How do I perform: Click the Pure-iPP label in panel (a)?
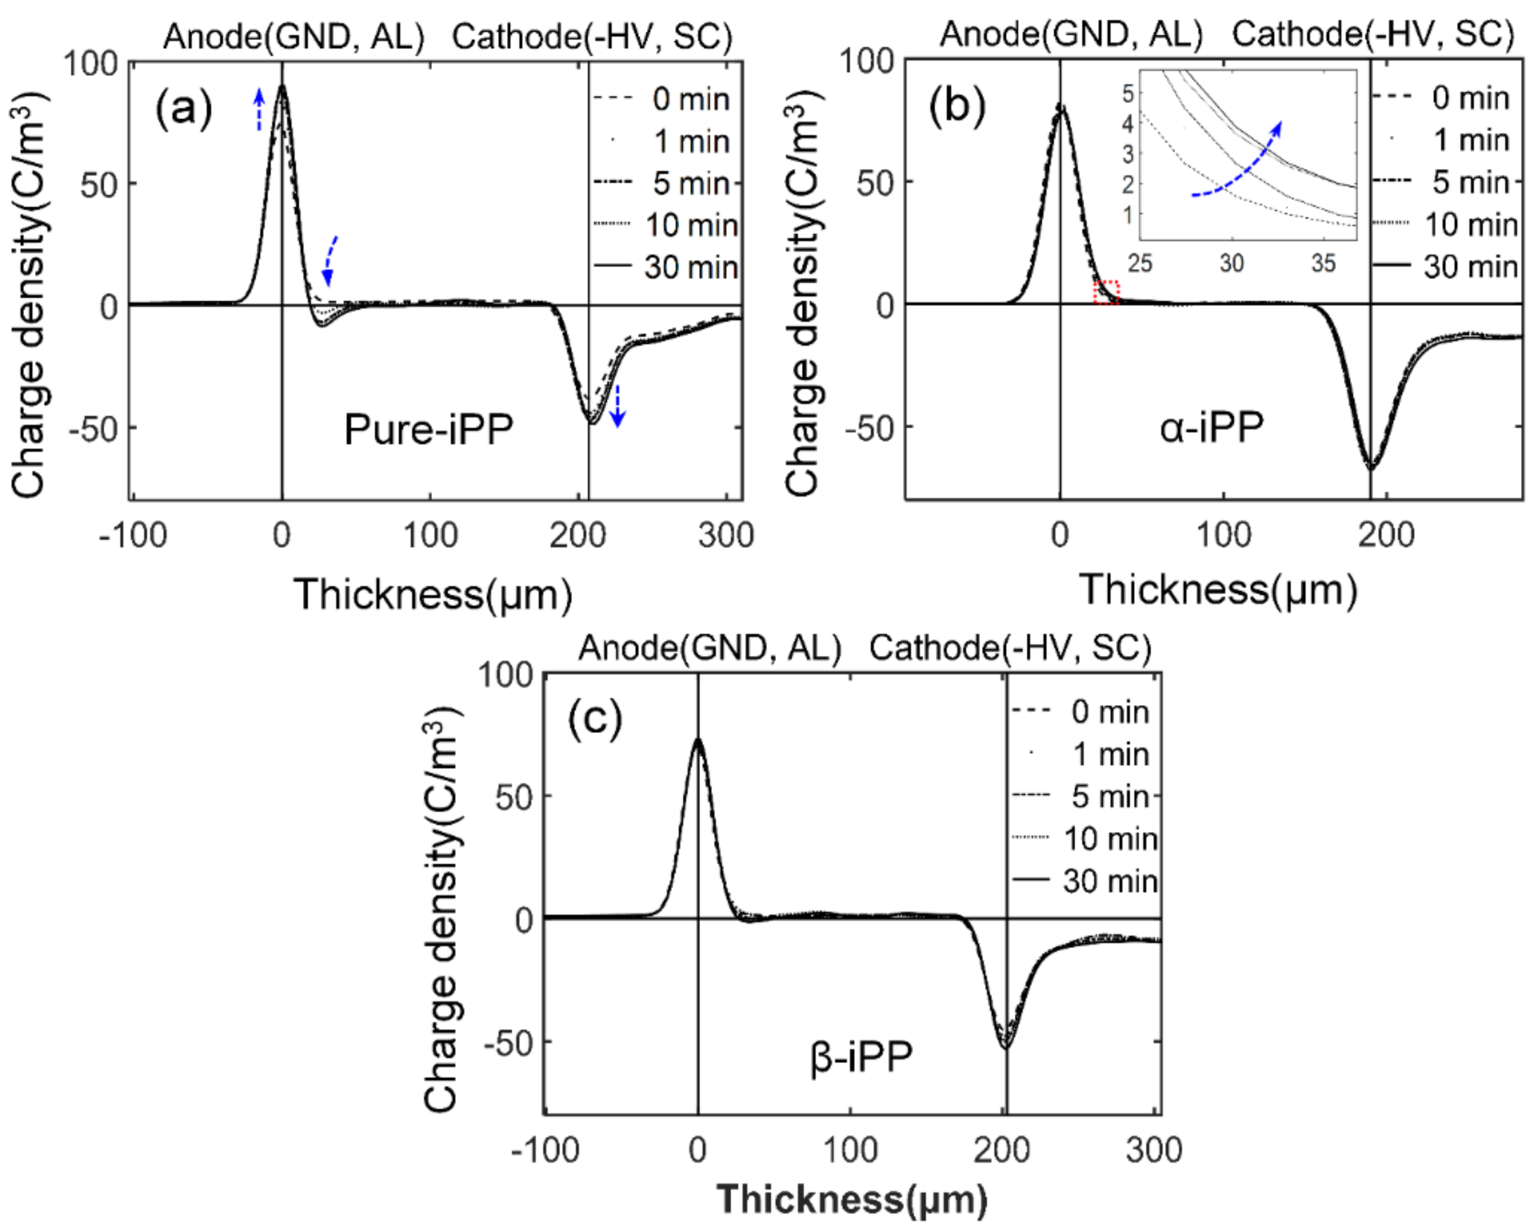coord(428,430)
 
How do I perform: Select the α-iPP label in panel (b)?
coord(1211,428)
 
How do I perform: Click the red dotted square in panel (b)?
coord(1107,293)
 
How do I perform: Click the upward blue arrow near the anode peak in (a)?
coord(260,108)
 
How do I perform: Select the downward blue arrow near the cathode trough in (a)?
coord(618,405)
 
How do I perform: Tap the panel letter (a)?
coord(184,108)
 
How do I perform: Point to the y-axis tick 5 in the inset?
coord(1128,93)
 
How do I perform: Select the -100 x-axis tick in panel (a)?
coord(133,535)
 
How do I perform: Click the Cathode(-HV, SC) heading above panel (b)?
coord(1373,34)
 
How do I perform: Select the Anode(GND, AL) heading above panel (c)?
coord(710,648)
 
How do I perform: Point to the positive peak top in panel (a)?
coord(283,85)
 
